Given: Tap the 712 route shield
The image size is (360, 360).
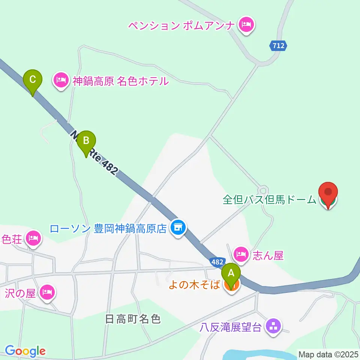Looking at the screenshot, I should click(x=278, y=46).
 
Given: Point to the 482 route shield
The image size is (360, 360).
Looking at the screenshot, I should click(x=217, y=262).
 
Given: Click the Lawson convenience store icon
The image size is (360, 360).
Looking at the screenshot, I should click(x=178, y=228).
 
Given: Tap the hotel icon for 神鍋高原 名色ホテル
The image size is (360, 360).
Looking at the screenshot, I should click(x=61, y=80).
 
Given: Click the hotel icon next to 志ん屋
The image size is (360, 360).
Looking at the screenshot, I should click(x=240, y=255).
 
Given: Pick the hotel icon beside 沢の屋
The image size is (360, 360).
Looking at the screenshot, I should click(x=47, y=291).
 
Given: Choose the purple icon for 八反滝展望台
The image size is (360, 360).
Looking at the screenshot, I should click(x=273, y=326).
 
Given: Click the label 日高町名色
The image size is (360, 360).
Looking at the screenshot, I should click(x=133, y=319).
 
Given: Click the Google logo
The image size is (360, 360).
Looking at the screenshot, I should click(x=25, y=351).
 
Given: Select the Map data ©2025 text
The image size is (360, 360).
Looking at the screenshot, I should click(x=328, y=354).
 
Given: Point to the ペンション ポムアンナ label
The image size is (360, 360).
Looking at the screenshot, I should click(x=181, y=25).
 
